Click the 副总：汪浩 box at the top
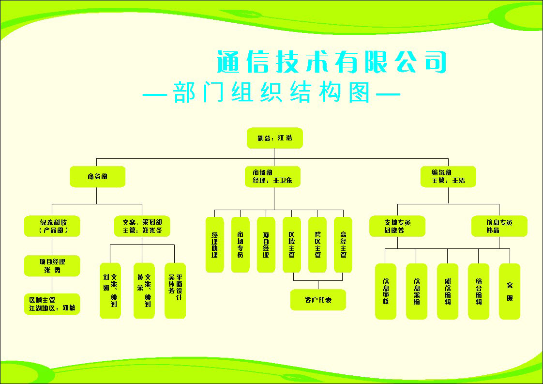pos(275,138)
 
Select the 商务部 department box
pos(97,177)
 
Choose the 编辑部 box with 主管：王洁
pos(448,177)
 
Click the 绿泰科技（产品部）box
pos(53,226)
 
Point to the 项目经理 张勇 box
pos(53,266)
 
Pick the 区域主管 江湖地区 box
pos(53,304)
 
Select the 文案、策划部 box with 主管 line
pos(142,226)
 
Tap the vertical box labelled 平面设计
pos(175,291)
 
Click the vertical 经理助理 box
pos(215,245)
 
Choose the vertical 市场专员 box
pos(241,245)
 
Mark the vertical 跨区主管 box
pos(317,245)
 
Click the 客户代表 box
pos(318,300)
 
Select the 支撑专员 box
pos(398,226)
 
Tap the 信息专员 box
pos(499,226)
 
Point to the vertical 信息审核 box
pos(386,291)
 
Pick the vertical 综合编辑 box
pos(479,291)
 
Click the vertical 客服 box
pos(510,291)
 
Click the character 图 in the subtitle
pos(358,92)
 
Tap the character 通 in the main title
pos(229,62)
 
